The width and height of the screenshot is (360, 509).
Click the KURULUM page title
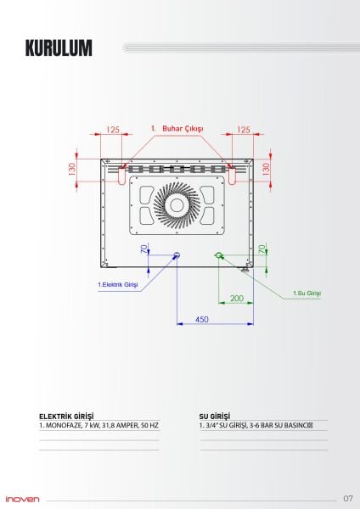coord(59,48)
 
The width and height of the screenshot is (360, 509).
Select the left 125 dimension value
coord(113,130)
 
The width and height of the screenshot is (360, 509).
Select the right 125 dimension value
coord(244,130)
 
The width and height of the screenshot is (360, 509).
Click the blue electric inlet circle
coord(177,255)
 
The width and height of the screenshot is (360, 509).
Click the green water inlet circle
coord(219,255)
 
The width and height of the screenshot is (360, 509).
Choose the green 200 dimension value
coord(236,299)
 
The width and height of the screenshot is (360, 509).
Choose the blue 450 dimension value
coord(202,319)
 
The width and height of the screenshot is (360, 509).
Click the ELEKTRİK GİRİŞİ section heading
coord(66,416)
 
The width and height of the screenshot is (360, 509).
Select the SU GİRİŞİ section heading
coord(215,416)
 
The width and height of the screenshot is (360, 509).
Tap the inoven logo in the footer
coord(22,498)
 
